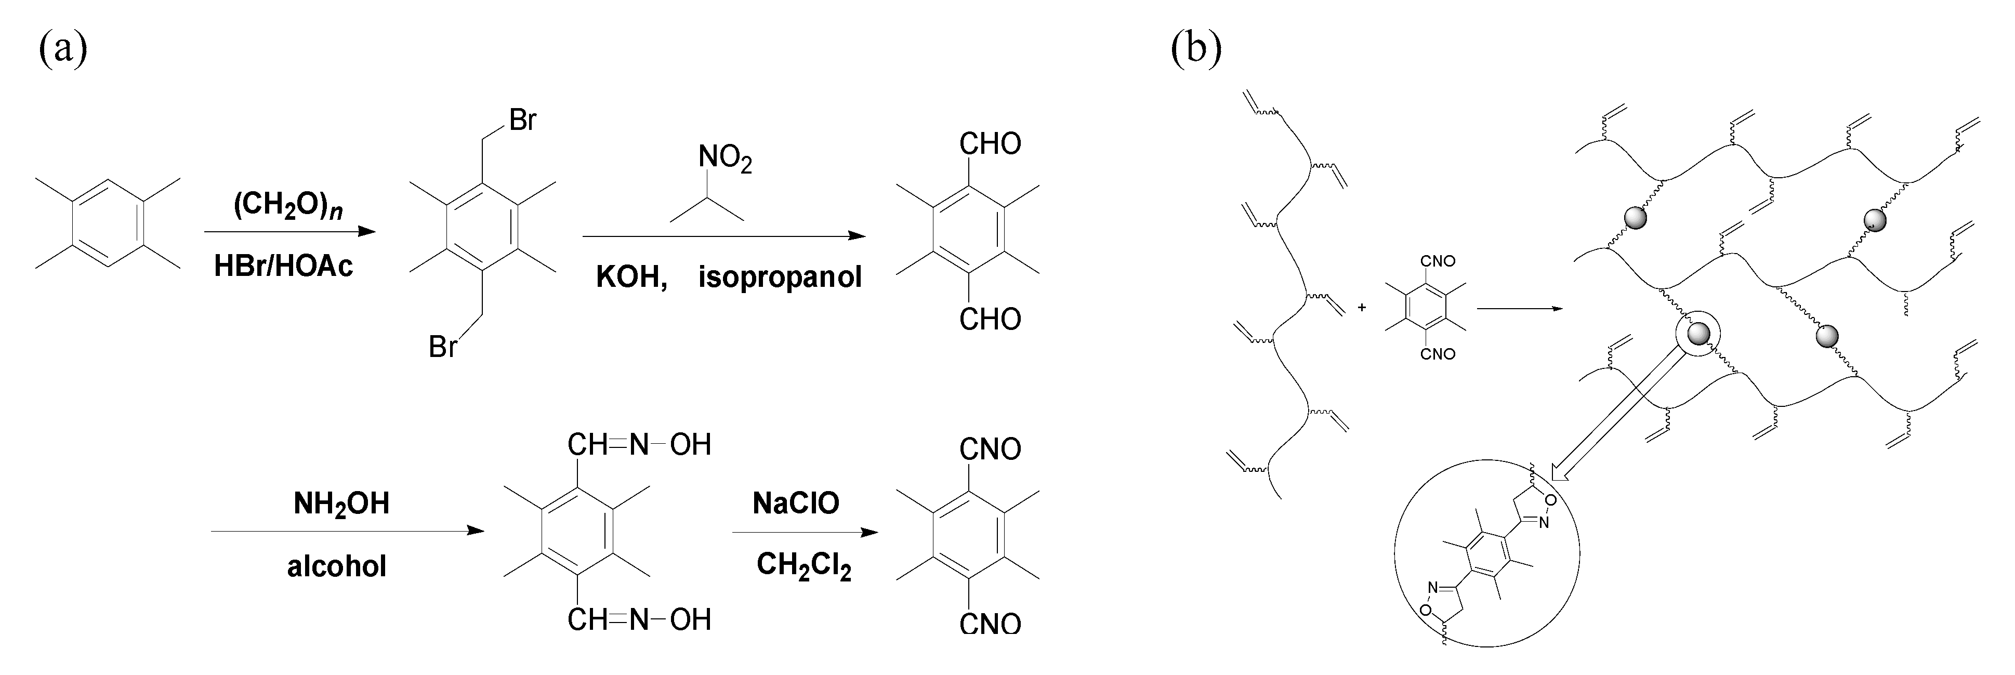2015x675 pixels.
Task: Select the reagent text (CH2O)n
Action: pos(288,206)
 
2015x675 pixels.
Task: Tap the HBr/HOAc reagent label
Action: pos(284,266)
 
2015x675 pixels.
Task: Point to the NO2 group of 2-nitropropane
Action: pos(725,159)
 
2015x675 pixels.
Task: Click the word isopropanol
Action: pos(780,277)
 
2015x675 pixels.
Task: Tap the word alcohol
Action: pos(337,565)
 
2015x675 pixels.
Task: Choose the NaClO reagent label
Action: pos(796,503)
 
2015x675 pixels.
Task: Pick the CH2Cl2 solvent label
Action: pos(804,565)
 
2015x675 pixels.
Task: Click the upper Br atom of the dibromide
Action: pos(522,121)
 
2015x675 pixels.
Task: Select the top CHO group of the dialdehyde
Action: pos(990,144)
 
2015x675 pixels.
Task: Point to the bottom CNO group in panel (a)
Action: pos(990,624)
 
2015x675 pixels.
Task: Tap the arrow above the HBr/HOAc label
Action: pos(289,232)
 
